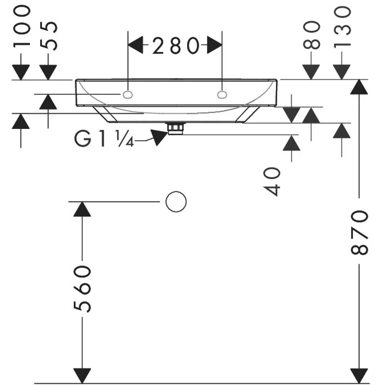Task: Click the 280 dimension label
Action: click(x=176, y=45)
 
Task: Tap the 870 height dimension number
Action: click(x=360, y=232)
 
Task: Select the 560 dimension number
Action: click(x=82, y=289)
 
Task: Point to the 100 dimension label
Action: click(x=22, y=26)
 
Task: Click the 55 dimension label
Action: click(x=49, y=36)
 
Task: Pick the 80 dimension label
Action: click(x=312, y=35)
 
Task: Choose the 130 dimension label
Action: click(x=342, y=27)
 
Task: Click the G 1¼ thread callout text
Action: click(x=104, y=139)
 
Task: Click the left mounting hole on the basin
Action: click(x=127, y=95)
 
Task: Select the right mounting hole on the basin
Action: click(x=222, y=95)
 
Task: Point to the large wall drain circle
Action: click(x=176, y=202)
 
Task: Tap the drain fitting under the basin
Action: click(x=176, y=128)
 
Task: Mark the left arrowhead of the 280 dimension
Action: click(x=136, y=45)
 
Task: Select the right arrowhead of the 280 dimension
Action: click(x=214, y=45)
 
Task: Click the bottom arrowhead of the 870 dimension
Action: click(x=359, y=376)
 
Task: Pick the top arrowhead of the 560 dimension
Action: click(x=82, y=209)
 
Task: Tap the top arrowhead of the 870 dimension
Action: click(x=359, y=87)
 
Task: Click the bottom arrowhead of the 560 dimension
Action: click(x=82, y=376)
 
